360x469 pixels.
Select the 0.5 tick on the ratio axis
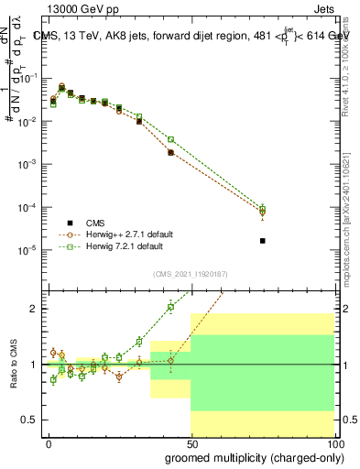pyautogui.click(x=30, y=420)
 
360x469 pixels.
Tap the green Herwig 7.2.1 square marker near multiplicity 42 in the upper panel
pyautogui.click(x=171, y=139)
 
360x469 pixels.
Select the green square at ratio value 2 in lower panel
pyautogui.click(x=171, y=307)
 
